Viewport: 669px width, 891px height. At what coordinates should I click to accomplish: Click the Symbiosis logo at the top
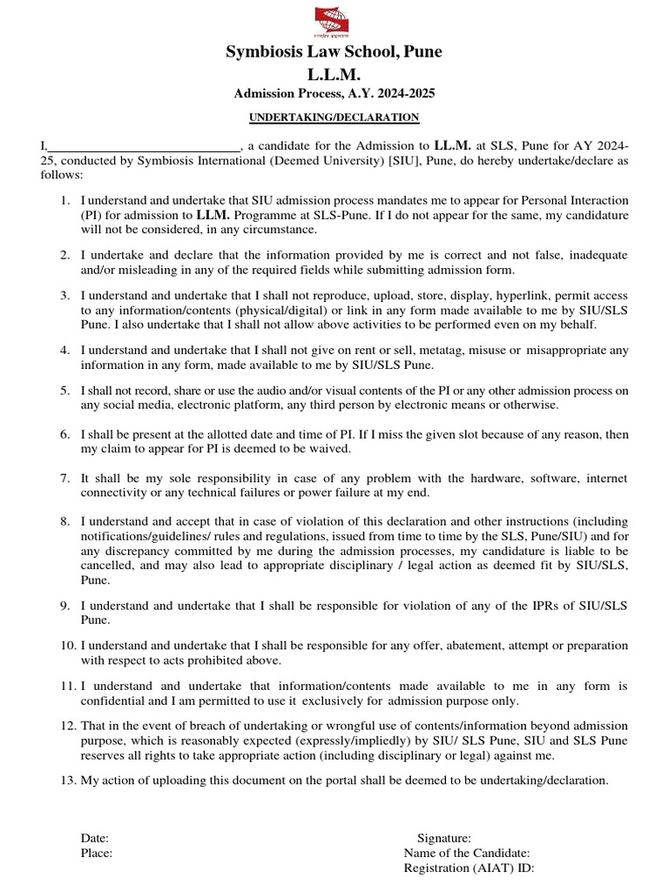point(334,20)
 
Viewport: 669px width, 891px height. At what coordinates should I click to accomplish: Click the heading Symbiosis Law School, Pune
point(334,52)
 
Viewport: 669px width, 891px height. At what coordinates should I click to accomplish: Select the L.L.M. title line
point(334,75)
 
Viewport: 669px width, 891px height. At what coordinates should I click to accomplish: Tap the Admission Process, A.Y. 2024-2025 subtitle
point(334,94)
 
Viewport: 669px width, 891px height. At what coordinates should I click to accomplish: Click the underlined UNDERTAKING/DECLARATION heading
point(334,117)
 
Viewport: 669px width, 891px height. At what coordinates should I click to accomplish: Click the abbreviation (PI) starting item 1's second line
point(91,216)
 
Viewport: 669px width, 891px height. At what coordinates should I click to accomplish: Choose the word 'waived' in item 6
point(332,449)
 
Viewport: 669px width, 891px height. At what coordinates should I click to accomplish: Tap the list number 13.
point(68,780)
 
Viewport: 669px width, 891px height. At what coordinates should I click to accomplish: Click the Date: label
point(95,839)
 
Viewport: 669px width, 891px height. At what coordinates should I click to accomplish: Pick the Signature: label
point(443,839)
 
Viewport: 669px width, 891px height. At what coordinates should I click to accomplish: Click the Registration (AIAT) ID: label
point(469,868)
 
